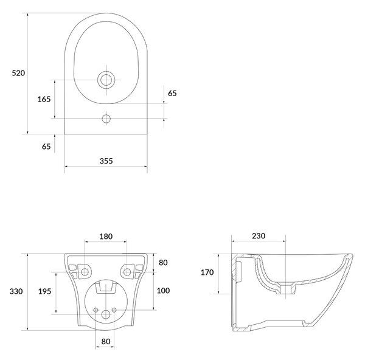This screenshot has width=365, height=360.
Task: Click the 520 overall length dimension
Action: [18, 73]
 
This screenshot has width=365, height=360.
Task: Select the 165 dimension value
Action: [44, 99]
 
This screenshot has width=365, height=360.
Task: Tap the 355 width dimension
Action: [106, 161]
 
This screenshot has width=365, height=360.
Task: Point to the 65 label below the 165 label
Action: [46, 147]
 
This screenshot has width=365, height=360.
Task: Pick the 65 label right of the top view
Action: [172, 93]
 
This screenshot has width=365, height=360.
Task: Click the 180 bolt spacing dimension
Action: [106, 237]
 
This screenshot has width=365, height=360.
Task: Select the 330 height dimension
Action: [16, 291]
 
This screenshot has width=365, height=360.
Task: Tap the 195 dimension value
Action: [44, 291]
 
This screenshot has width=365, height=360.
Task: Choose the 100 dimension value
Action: [163, 291]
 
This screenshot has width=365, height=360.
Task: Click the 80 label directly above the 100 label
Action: [163, 263]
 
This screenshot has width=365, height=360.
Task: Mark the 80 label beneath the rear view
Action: [106, 341]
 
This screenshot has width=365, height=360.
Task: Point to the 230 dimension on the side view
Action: [259, 236]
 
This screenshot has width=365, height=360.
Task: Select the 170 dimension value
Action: [207, 272]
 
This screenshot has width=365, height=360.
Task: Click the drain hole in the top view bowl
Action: [106, 80]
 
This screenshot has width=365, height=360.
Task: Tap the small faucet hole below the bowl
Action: [106, 119]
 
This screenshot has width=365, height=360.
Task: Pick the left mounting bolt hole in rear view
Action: [85, 272]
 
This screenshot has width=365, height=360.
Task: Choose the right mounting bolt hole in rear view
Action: [127, 272]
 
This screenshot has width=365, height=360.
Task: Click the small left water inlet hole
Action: [96, 310]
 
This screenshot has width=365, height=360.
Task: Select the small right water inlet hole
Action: [114, 310]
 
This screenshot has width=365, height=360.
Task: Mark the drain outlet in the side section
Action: [286, 289]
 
